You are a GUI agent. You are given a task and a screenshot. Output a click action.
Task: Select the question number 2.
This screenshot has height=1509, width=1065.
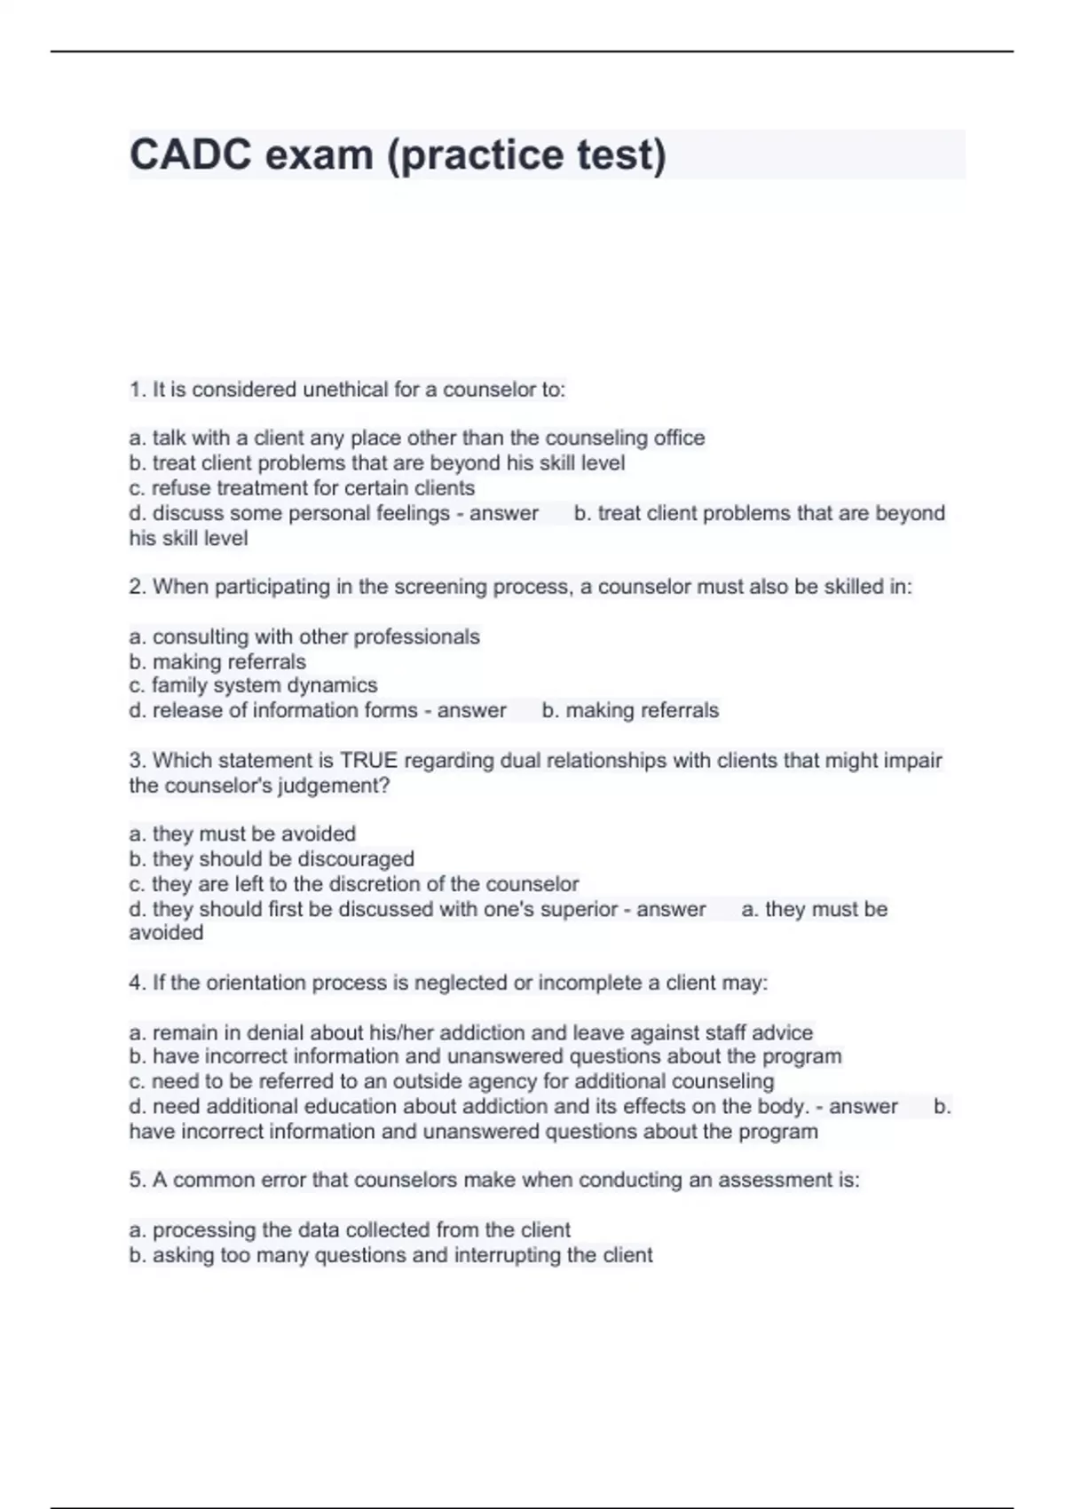[x=137, y=587]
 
